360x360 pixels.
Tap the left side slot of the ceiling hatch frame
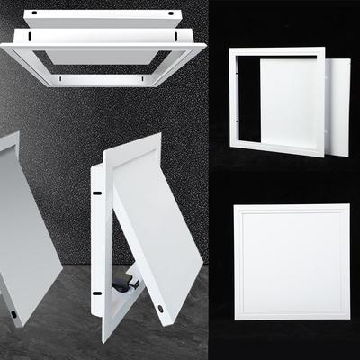[x=29, y=39]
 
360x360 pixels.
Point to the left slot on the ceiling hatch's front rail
[x=59, y=79]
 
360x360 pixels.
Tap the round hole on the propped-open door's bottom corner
[x=162, y=307]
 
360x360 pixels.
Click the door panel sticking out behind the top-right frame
[x=337, y=103]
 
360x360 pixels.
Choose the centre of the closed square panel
[x=292, y=262]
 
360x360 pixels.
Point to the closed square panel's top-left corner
[x=235, y=205]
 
